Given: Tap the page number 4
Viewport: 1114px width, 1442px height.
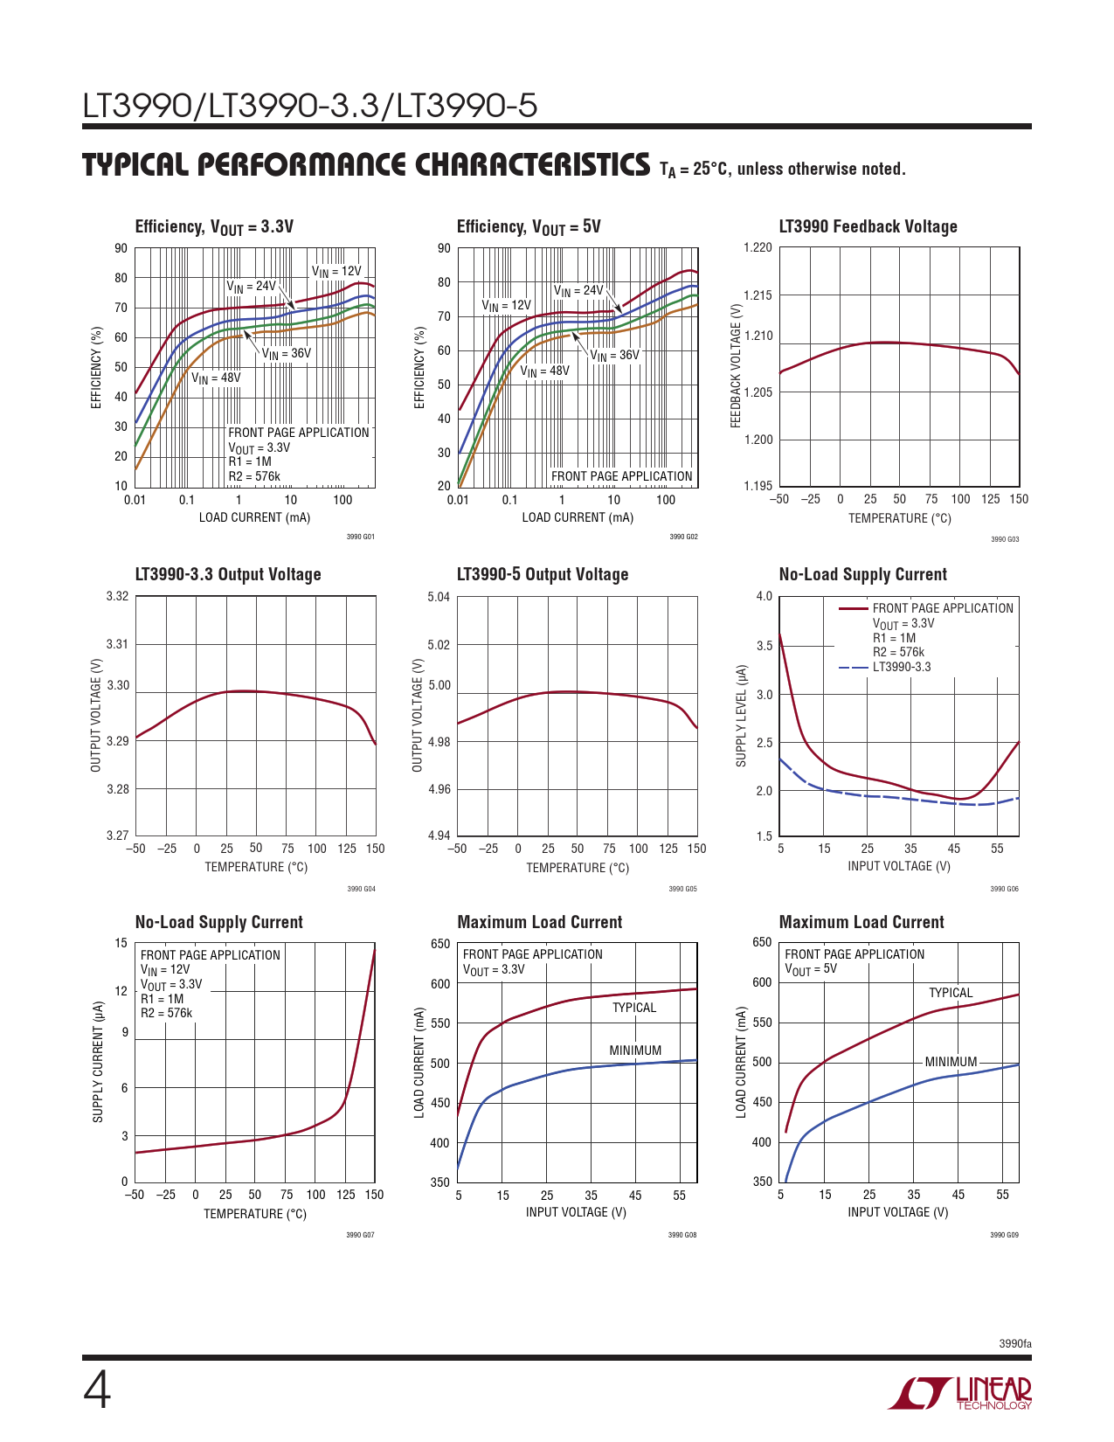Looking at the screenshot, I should click(x=97, y=1391).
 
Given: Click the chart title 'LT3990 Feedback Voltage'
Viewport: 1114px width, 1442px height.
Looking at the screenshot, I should click(x=868, y=227).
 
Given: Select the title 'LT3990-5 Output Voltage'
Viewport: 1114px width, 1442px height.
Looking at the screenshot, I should click(x=543, y=575).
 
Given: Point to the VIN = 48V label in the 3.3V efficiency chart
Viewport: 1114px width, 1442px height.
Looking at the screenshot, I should click(x=216, y=378).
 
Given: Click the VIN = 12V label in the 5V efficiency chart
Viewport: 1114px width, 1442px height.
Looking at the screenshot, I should click(x=506, y=306).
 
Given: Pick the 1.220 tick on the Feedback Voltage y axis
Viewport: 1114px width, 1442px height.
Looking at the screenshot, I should click(x=758, y=248).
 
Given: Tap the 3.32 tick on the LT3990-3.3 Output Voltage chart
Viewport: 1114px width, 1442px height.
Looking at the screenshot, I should click(x=117, y=597).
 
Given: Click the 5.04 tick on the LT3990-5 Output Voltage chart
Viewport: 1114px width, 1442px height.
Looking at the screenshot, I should click(x=439, y=598).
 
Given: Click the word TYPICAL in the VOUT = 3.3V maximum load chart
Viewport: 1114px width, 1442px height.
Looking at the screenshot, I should click(x=633, y=1008).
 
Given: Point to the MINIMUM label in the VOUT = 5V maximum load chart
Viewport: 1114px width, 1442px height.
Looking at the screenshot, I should click(x=951, y=1062).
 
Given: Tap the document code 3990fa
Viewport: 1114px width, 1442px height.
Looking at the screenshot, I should click(x=1015, y=1344).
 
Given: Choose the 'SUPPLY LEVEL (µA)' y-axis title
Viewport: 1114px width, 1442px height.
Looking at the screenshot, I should click(x=742, y=717).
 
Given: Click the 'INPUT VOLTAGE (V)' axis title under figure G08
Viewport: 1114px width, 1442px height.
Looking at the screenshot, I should click(x=576, y=1212).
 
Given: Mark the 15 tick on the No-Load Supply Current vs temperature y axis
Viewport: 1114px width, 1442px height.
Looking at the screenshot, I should click(x=121, y=943).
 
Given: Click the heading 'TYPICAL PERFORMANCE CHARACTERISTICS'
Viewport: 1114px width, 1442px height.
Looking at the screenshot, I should click(x=366, y=165).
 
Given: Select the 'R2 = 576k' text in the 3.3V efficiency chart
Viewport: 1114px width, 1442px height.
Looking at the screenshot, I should click(x=254, y=476).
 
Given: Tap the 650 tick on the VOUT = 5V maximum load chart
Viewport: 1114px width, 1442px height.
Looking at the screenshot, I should click(x=762, y=942).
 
